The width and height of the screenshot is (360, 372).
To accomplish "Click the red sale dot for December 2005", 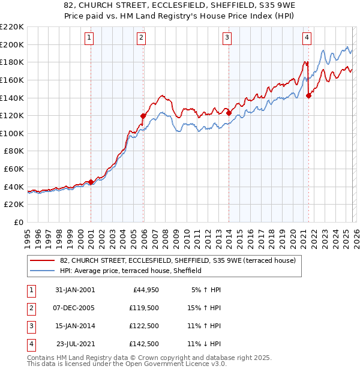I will coord(143,116).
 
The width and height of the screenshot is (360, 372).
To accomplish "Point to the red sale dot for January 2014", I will coord(229,113).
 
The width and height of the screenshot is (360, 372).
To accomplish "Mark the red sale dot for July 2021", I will coord(309,95).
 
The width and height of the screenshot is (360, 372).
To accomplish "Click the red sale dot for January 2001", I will coord(91,182).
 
